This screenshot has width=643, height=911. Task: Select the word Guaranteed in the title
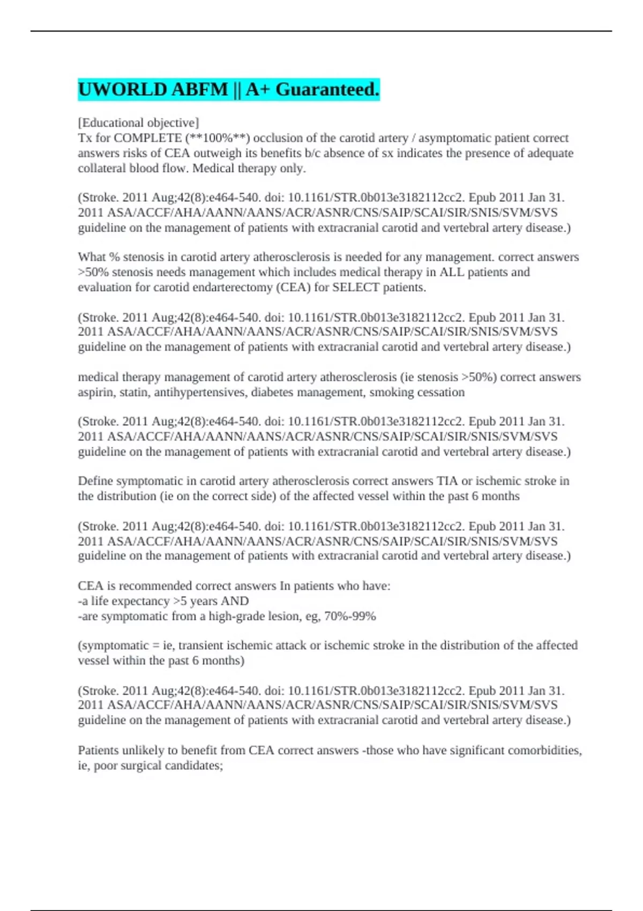point(327,89)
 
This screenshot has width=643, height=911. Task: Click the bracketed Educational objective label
point(138,123)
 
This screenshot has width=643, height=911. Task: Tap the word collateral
point(102,168)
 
